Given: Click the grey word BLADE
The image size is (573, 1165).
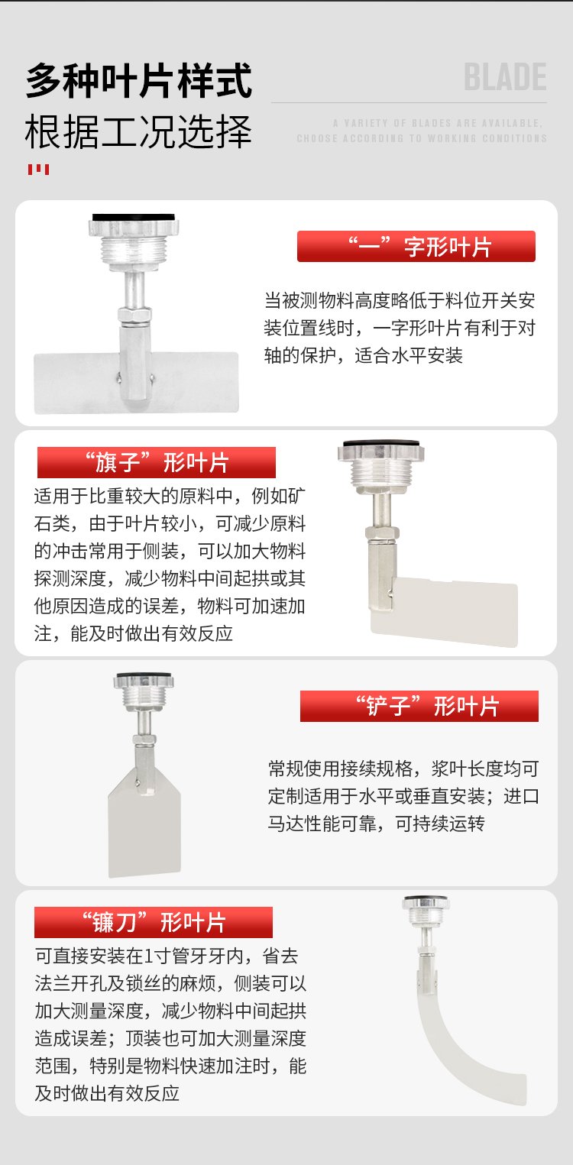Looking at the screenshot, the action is pos(505,77).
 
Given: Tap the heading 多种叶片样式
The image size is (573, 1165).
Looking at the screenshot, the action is pos(139,80).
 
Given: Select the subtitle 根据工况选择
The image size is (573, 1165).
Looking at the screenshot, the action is pos(139,131).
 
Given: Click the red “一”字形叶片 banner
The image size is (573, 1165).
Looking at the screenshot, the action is pos(416,247).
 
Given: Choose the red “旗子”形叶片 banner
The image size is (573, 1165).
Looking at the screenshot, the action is pos(157,462).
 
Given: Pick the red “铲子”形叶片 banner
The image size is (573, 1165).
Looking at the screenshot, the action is pos(419,706).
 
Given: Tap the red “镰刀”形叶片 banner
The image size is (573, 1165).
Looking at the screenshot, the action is pos(154,922).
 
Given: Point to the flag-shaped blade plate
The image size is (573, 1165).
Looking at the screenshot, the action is pos(452,613).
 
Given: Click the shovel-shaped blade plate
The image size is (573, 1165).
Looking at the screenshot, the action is pos(144,827).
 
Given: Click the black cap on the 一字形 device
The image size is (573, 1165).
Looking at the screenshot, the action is pos(133,217).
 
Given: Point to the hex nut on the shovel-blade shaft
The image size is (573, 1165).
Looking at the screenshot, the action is pos(144,739).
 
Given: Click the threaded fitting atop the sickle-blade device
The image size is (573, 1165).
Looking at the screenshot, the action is pos(426,915).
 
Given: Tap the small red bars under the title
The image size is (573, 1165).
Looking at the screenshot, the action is pos(38,169).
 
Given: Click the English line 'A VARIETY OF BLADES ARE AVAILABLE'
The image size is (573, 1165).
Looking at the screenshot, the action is pos(438,123).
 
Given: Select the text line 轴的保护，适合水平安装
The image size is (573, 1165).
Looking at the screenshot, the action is pos(363,356).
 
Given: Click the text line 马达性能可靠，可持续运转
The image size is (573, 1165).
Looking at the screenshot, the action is pos(376,824).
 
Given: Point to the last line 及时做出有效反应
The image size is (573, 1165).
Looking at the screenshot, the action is pos(107,1093).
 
